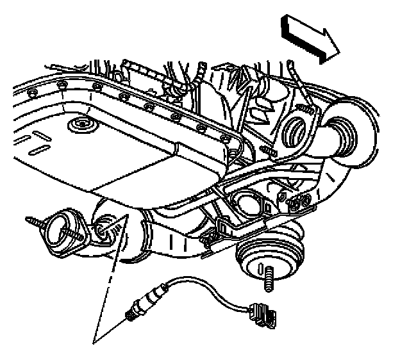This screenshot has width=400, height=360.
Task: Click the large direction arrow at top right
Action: [309, 40]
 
